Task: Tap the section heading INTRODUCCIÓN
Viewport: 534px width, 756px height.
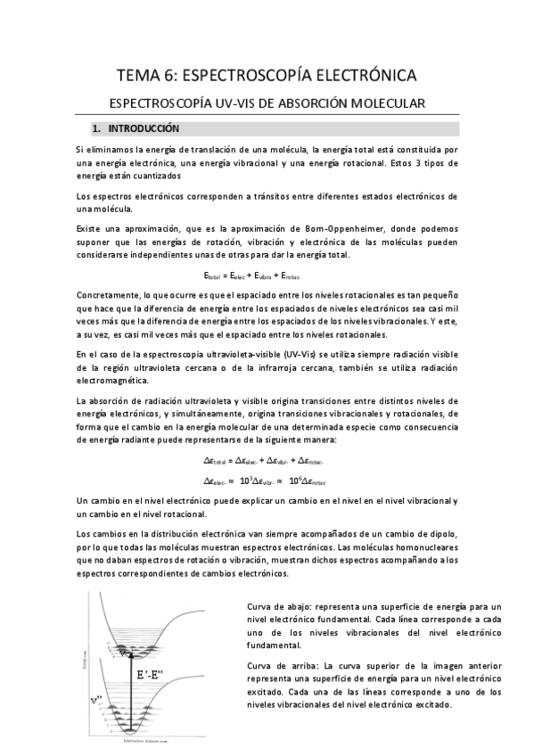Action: point(151,128)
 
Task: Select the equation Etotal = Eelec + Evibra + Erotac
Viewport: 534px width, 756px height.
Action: point(267,276)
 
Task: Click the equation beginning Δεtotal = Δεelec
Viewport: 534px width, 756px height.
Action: point(267,460)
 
